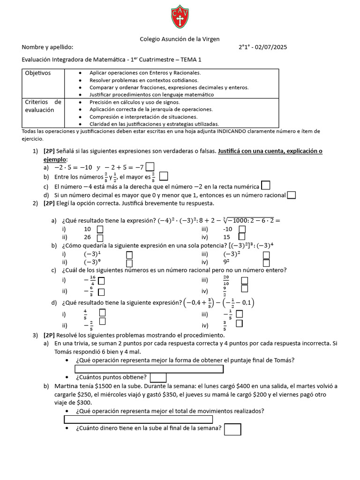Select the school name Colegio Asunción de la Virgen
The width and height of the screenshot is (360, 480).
click(180, 39)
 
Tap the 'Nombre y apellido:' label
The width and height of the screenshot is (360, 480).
click(47, 47)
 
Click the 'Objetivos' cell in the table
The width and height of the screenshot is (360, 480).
click(38, 73)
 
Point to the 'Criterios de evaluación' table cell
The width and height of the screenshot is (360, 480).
click(43, 106)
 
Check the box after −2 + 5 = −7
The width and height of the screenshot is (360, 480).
click(150, 166)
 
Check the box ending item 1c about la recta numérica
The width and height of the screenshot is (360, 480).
click(265, 186)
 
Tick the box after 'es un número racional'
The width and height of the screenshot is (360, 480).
click(291, 195)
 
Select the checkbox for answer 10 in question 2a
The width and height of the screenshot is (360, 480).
click(100, 229)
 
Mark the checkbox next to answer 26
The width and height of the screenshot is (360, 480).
click(100, 237)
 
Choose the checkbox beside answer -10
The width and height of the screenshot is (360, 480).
click(242, 229)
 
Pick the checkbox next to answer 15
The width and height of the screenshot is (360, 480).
click(242, 237)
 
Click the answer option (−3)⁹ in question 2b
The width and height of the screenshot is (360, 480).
click(92, 262)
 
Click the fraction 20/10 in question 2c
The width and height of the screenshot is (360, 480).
click(226, 280)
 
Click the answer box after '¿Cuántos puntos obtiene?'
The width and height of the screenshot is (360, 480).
click(158, 377)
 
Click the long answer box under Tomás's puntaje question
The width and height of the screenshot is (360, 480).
click(149, 369)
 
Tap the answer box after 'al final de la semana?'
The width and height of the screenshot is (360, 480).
click(232, 429)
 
